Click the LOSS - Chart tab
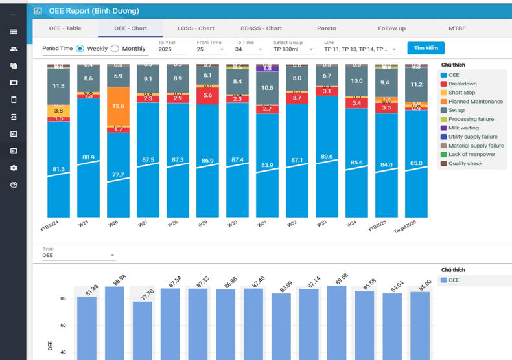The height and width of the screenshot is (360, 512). pos(196,28)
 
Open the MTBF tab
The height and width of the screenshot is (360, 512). pos(457,28)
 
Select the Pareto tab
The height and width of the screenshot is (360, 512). pos(327,28)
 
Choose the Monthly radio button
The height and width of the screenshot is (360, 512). pos(115,49)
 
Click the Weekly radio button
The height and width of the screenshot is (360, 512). pos(80,49)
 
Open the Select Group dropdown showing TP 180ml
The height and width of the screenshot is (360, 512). pos(293,49)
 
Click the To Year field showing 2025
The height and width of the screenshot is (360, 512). pos(172,49)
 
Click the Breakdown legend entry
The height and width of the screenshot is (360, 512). pos(462,84)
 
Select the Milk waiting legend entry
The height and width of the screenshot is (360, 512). pos(463,128)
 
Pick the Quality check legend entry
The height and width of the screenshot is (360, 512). pos(465,163)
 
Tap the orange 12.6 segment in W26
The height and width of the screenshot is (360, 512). pos(118,106)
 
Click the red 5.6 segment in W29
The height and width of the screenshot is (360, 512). pos(207,96)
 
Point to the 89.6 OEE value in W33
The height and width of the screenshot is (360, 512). pos(327,157)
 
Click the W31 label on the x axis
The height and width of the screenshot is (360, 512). pos(262,224)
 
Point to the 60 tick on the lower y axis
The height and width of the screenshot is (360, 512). pos(63,326)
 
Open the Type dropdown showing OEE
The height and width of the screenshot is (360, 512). pos(78,255)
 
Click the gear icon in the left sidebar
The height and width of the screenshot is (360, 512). pos(14,168)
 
